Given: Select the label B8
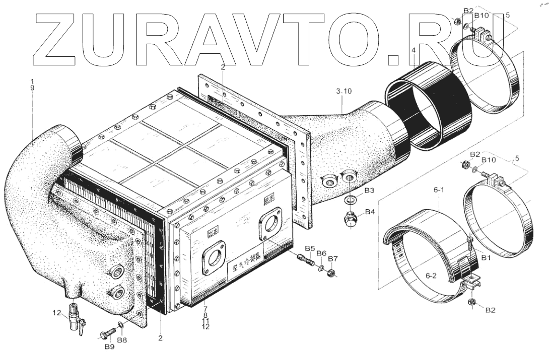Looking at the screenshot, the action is [x=122, y=340].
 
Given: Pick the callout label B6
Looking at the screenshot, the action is [x=321, y=253].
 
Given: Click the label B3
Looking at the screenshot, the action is [x=369, y=191].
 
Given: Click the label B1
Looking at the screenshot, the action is [x=486, y=257].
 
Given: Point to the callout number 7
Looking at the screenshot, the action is [x=205, y=307].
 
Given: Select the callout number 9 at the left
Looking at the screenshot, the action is [x=33, y=87].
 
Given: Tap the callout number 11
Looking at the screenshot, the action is [x=205, y=320].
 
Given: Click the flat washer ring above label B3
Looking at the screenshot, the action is [x=349, y=201].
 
